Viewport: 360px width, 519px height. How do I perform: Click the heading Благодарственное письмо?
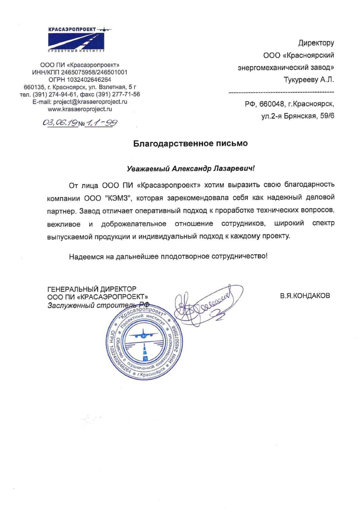point(190,143)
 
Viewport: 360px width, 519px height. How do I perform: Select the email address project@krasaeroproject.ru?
point(90,102)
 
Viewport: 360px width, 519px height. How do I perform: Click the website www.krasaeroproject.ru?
point(80,109)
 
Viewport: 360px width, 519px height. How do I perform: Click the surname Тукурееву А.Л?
point(309,80)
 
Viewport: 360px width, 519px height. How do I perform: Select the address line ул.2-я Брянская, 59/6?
point(298,116)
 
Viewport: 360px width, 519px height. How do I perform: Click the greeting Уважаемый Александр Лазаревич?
point(191,169)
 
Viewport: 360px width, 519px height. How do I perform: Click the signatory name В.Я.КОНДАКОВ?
point(305,296)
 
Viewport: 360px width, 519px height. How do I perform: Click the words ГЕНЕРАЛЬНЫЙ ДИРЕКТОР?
point(91,289)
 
